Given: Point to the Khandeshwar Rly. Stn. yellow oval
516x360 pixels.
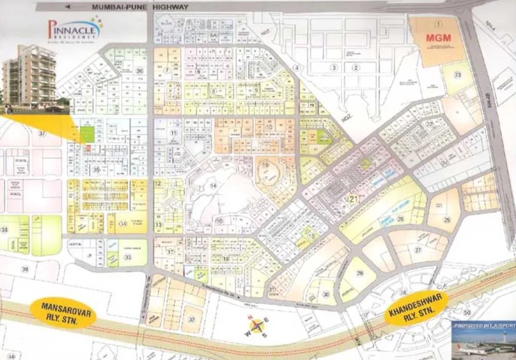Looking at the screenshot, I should [x=416, y=309].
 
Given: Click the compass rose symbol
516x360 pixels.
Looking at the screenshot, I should [x=257, y=327].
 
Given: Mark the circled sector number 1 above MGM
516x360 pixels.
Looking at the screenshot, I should [x=439, y=24].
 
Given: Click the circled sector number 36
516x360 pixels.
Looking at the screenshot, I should [x=140, y=71].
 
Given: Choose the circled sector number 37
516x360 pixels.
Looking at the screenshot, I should [x=42, y=133].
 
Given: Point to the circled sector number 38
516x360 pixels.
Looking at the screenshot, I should [x=5, y=230].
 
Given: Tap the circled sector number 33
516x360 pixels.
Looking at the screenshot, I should [x=128, y=257].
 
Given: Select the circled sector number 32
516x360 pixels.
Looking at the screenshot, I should [x=192, y=320].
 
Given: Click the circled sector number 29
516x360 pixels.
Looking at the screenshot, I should [x=360, y=273].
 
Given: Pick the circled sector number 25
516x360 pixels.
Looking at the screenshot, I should [x=447, y=220].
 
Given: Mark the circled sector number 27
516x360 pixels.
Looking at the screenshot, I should [x=418, y=250].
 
